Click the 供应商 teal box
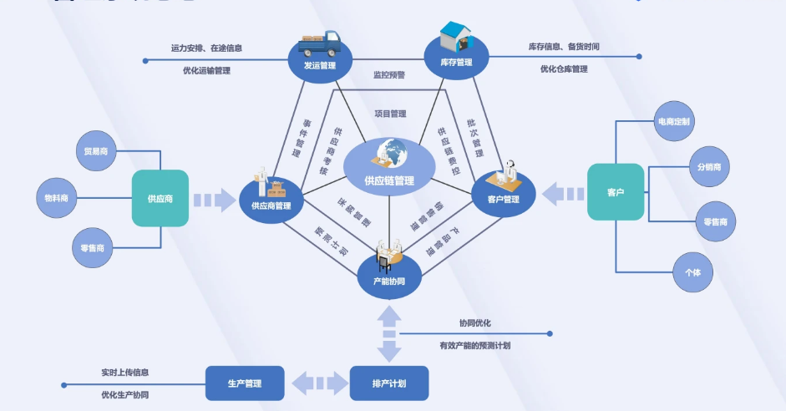(x=160, y=198)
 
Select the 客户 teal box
(x=616, y=192)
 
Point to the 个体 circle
(x=692, y=272)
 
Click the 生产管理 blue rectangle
(x=245, y=383)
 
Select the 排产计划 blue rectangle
(x=388, y=383)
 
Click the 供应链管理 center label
(x=388, y=180)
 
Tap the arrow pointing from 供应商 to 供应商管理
(x=215, y=200)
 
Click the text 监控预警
(x=389, y=75)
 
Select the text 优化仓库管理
(x=563, y=69)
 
